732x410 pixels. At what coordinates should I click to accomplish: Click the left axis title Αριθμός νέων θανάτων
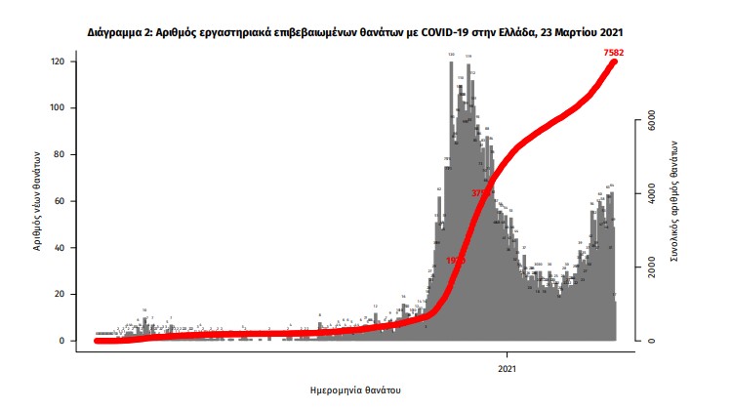click(x=35, y=201)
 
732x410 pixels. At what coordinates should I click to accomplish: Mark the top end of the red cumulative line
click(x=615, y=62)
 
